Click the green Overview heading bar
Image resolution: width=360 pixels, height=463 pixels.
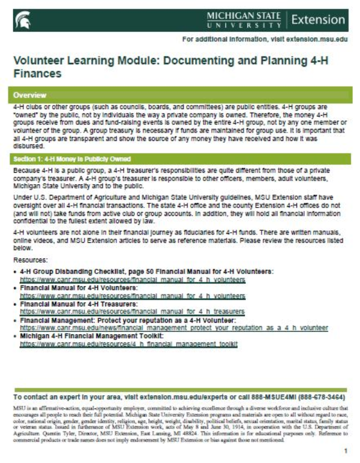180,95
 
